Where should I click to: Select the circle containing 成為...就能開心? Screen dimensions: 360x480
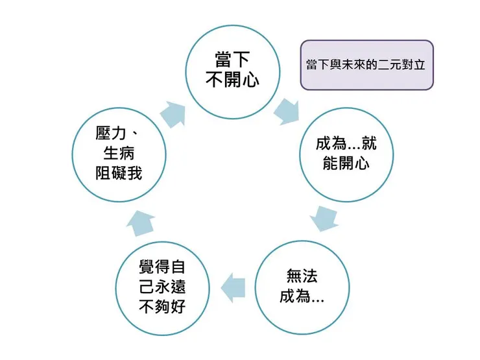[x=346, y=153]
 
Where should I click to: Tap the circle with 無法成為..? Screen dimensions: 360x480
[x=302, y=286]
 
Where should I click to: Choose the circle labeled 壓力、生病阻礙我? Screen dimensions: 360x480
[x=118, y=153]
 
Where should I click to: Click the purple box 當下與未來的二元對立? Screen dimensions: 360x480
[x=366, y=66]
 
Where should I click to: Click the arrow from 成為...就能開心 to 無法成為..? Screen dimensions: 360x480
[x=324, y=218]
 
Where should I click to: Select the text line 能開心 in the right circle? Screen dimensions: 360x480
[x=346, y=163]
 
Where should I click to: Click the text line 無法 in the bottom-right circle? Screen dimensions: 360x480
[x=302, y=276]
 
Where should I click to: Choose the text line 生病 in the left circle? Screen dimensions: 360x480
[x=118, y=154]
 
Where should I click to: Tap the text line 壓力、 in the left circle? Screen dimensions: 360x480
[x=118, y=134]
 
